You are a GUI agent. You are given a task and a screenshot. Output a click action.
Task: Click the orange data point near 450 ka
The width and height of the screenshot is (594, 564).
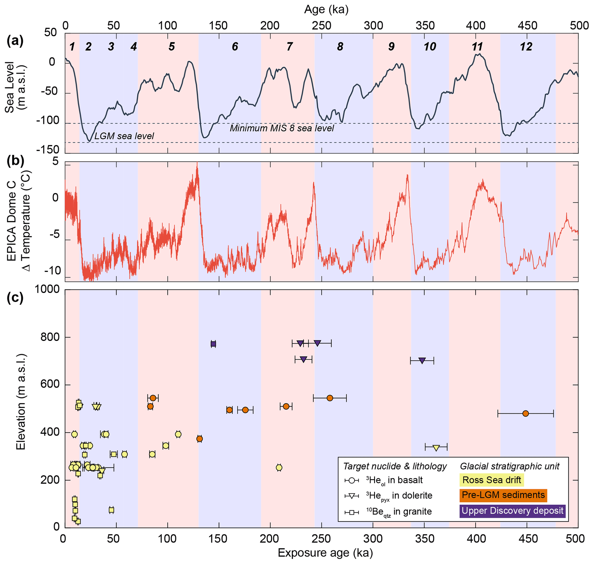525,414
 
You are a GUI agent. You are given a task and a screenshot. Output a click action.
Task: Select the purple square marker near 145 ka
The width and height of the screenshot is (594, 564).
214,344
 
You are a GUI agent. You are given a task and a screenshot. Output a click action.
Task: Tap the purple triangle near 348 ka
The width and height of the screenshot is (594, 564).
422,360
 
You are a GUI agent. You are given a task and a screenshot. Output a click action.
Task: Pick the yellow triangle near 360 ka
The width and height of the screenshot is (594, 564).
436,448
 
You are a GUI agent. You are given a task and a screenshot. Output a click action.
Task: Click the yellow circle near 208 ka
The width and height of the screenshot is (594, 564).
279,467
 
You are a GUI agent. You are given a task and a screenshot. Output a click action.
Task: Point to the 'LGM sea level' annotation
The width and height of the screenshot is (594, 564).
124,136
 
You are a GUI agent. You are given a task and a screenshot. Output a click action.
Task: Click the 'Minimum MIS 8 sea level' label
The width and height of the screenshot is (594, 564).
282,128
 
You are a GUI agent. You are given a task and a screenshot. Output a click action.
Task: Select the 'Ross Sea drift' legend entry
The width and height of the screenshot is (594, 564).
491,480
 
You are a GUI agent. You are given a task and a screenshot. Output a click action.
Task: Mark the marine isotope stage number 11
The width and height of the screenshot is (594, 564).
477,47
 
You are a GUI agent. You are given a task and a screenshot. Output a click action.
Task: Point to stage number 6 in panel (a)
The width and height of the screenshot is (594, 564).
235,47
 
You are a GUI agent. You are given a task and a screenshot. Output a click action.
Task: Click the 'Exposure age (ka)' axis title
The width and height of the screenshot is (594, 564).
325,553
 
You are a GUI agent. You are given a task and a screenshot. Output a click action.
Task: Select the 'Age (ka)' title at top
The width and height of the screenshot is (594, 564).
326,9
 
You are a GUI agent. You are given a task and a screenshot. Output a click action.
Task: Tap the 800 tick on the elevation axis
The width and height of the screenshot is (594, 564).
51,337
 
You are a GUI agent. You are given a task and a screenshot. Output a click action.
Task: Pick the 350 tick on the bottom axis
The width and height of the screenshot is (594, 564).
424,538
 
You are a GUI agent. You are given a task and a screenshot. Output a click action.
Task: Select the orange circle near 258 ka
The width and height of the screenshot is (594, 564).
330,398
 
